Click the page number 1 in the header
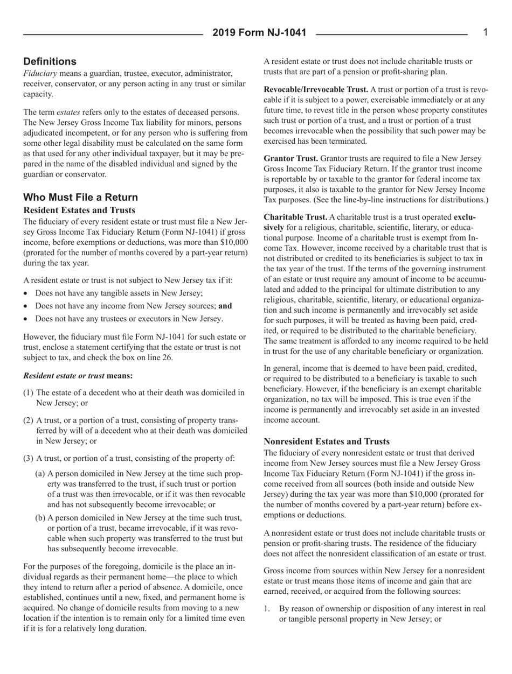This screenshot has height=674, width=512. click(x=485, y=33)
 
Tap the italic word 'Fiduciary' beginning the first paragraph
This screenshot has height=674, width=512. click(x=38, y=73)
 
